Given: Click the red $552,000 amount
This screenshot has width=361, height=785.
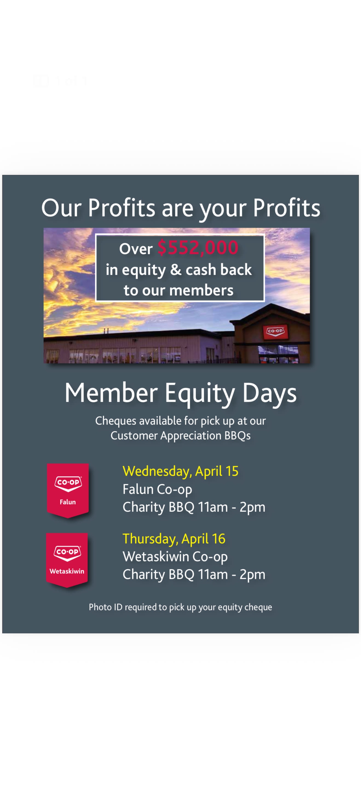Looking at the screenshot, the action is click(x=198, y=247).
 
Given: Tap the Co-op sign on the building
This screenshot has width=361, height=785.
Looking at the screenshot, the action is click(x=275, y=331).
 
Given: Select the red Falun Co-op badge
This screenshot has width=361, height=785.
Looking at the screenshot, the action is click(x=68, y=490).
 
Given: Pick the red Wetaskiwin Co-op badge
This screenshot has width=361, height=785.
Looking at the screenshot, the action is click(x=67, y=560).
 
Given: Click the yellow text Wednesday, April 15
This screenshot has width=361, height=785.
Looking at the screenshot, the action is click(x=180, y=471).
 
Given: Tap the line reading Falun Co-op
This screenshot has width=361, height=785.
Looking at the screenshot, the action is click(x=157, y=489).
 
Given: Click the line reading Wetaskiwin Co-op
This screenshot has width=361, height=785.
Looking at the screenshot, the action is click(x=175, y=557).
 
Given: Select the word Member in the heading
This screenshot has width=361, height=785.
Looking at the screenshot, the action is click(x=111, y=393).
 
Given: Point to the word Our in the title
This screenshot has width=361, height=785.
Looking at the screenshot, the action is click(x=61, y=208).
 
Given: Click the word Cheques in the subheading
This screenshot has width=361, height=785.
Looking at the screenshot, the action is click(x=116, y=421).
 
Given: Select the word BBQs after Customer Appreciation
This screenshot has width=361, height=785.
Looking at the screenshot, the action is click(x=237, y=436).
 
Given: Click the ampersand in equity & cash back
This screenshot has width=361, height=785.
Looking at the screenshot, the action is click(x=176, y=270).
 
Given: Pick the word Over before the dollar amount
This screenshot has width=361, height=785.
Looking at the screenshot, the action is click(x=136, y=249).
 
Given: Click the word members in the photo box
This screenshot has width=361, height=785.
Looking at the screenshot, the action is click(x=201, y=290).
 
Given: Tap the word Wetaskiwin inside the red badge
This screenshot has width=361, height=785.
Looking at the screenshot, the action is click(x=67, y=572).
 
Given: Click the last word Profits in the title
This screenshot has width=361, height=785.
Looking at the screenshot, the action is click(x=287, y=208).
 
